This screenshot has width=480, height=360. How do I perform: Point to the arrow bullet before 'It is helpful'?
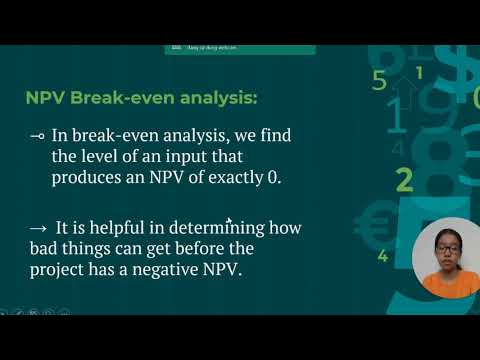(x=36, y=227)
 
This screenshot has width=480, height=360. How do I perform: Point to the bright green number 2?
(x=404, y=180)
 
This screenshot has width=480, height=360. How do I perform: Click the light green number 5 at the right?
(x=379, y=81)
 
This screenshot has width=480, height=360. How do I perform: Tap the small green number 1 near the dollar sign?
(x=419, y=72)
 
